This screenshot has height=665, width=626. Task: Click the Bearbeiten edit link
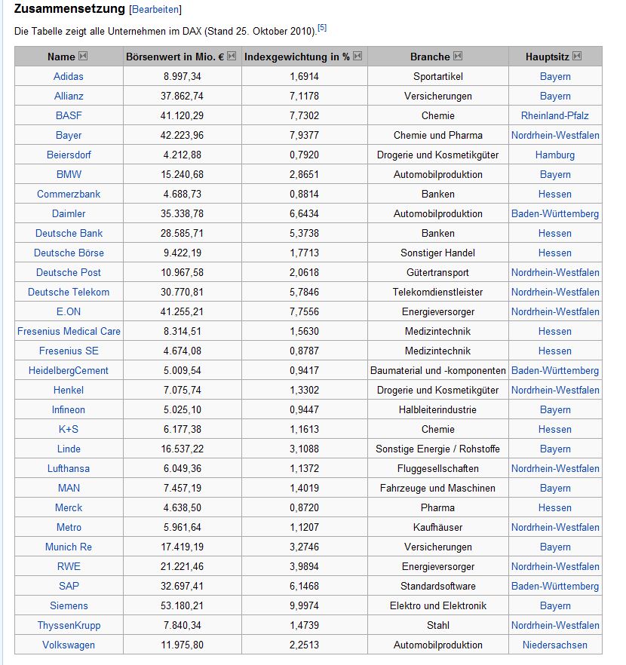tap(156, 10)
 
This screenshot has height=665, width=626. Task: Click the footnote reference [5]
tap(322, 28)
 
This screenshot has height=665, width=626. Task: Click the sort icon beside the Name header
tap(83, 57)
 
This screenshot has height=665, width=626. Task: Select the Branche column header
tap(430, 57)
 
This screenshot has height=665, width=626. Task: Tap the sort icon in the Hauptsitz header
tap(577, 57)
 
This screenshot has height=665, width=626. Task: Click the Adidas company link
tap(69, 76)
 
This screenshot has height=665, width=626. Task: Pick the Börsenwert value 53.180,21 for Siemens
tap(183, 605)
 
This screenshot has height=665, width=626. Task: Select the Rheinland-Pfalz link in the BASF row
tap(555, 115)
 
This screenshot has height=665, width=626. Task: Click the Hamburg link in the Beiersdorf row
tap(555, 155)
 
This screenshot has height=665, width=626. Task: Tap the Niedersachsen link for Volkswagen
tap(555, 645)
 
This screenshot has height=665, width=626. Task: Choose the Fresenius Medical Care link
tap(69, 331)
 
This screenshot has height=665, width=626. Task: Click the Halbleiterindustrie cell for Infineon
tap(438, 409)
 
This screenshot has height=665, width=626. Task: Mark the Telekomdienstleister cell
tap(438, 292)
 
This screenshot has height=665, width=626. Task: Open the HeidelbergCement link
tap(69, 370)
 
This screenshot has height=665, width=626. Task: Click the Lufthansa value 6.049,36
tap(183, 468)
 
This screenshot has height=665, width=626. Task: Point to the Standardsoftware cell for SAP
tap(438, 586)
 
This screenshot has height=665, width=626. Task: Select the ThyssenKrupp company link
tap(69, 625)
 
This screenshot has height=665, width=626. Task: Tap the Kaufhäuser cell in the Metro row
tap(438, 527)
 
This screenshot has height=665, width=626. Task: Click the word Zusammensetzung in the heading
tap(69, 10)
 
